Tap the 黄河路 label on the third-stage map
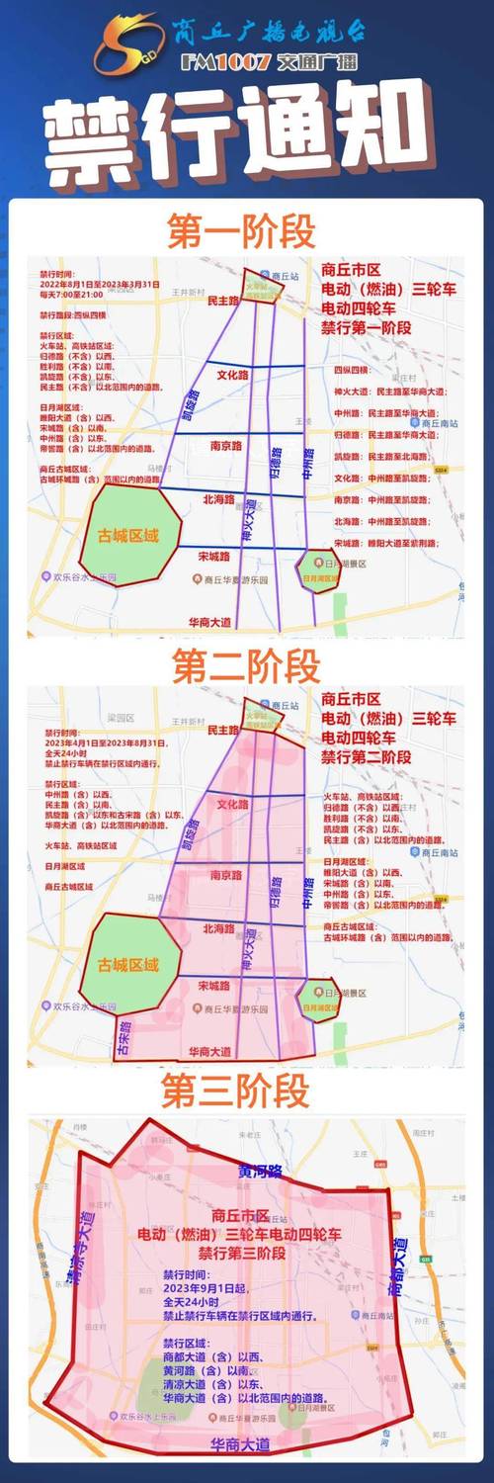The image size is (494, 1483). tap(260, 1172)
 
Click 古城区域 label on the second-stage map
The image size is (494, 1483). tap(127, 963)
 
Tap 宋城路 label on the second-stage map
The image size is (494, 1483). tap(213, 986)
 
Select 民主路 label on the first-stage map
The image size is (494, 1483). tap(221, 298)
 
